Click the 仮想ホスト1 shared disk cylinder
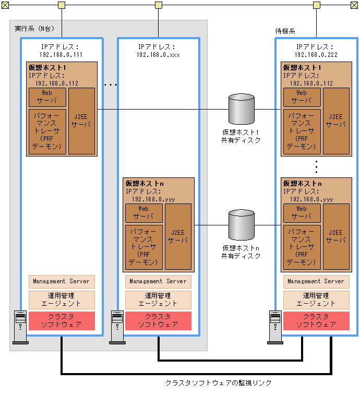pyautogui.click(x=242, y=110)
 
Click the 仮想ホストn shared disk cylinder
pyautogui.click(x=242, y=225)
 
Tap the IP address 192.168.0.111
pyautogui.click(x=62, y=54)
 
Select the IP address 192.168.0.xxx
pyautogui.click(x=158, y=54)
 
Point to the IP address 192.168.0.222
pyautogui.click(x=316, y=54)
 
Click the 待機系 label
pyautogui.click(x=285, y=31)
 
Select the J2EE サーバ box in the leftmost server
pyautogui.click(x=81, y=121)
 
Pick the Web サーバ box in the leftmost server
pyautogui.click(x=47, y=97)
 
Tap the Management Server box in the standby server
pyautogui.click(x=316, y=281)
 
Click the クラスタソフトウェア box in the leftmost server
pyautogui.click(x=62, y=321)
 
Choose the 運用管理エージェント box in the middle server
pyautogui.click(x=158, y=300)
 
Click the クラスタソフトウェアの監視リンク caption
pyautogui.click(x=219, y=383)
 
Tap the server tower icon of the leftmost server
pyautogui.click(x=20, y=327)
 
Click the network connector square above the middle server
pyautogui.click(x=158, y=5)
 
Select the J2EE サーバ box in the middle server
pyautogui.click(x=178, y=237)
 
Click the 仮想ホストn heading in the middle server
pyautogui.click(x=145, y=184)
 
